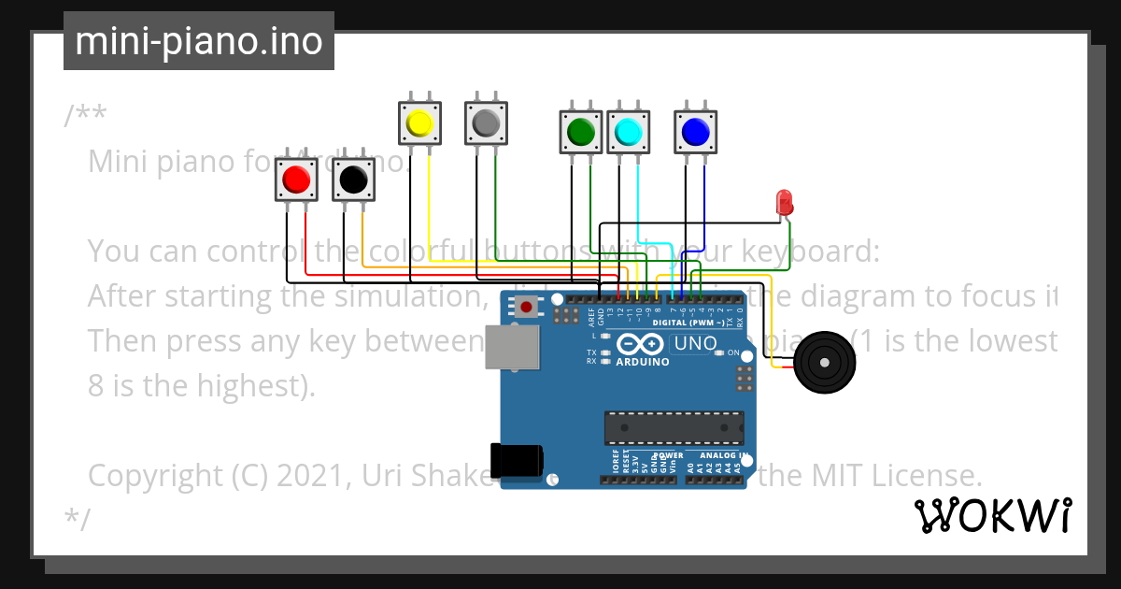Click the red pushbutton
click(296, 179)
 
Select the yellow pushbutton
click(419, 122)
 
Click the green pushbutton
click(581, 132)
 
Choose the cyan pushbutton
click(629, 132)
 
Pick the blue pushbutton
click(696, 132)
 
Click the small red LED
click(784, 201)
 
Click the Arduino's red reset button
click(527, 307)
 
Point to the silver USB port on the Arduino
click(512, 347)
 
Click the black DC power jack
click(517, 460)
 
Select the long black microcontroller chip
click(674, 427)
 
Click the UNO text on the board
click(695, 344)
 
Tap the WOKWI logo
click(992, 515)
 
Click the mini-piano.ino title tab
click(198, 41)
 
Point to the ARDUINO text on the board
click(643, 362)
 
